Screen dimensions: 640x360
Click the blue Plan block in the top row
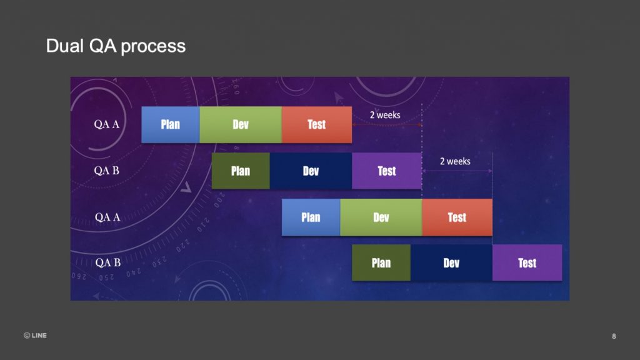171,124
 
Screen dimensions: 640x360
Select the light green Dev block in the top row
241,124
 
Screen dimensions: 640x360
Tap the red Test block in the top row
317,124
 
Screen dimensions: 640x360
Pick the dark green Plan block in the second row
241,171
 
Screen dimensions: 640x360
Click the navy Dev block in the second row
311,171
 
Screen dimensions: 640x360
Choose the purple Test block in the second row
387,171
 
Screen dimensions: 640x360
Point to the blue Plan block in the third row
311,217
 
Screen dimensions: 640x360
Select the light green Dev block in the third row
381,217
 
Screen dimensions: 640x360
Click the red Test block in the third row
457,217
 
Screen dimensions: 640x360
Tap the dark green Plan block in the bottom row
381,263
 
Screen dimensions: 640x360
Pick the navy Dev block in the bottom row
451,263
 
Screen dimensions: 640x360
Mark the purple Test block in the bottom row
527,263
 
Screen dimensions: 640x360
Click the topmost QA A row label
107,124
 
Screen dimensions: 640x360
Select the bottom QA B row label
107,262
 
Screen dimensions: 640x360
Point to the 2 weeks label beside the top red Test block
385,115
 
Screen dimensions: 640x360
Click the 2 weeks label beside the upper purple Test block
455,161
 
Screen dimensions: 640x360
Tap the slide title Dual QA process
116,46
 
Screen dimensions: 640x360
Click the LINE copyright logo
35,336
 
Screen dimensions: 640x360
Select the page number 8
614,336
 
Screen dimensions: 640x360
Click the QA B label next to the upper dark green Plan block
106,171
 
